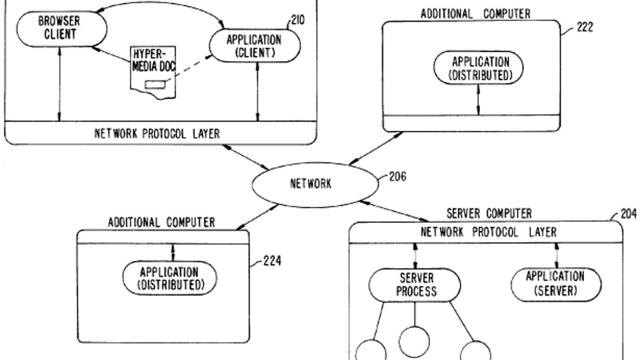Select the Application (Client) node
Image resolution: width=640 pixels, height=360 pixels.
pyautogui.click(x=254, y=45)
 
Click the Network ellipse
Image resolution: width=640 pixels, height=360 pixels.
pyautogui.click(x=311, y=184)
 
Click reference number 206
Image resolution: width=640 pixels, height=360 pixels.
pyautogui.click(x=397, y=177)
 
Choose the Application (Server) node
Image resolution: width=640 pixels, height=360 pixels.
pyautogui.click(x=555, y=284)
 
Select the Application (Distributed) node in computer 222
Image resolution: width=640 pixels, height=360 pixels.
pyautogui.click(x=478, y=68)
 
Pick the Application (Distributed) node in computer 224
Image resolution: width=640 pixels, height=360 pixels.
pyautogui.click(x=171, y=278)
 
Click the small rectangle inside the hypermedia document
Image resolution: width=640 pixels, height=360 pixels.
pyautogui.click(x=155, y=84)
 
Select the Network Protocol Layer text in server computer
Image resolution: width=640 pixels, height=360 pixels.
pyautogui.click(x=489, y=233)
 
